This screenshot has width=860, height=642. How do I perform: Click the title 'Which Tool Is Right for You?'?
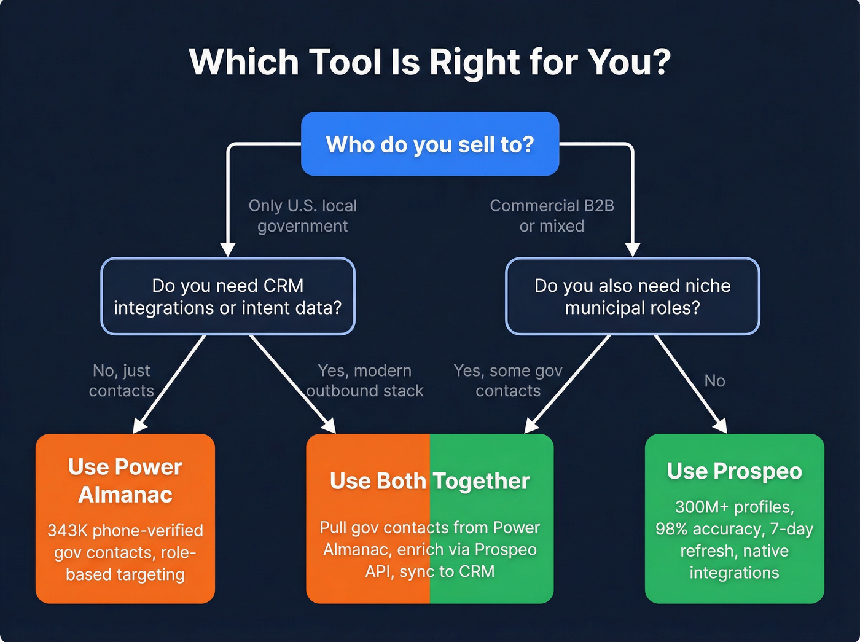[429, 62]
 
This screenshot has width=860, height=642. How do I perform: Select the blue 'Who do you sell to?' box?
[429, 144]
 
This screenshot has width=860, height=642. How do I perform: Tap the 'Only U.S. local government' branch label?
[302, 216]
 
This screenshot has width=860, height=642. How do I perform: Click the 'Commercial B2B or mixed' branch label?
[552, 216]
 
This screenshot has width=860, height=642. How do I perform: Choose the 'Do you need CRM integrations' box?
[227, 296]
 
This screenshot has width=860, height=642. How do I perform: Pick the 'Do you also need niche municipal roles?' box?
[632, 296]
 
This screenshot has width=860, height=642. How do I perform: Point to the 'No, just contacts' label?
[121, 380]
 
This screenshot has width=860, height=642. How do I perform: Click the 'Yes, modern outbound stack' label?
[364, 380]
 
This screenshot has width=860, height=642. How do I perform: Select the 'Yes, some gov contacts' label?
[508, 380]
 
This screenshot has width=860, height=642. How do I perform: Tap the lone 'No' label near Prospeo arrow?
[714, 381]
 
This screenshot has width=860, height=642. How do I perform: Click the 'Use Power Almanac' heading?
[125, 480]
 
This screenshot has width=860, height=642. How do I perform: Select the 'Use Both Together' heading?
[429, 481]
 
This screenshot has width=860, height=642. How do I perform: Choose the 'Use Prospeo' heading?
[734, 471]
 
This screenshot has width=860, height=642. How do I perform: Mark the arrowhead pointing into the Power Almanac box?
[139, 426]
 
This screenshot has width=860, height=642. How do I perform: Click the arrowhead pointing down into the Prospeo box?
[721, 426]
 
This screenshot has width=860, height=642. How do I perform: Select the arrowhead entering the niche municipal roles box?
[632, 249]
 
